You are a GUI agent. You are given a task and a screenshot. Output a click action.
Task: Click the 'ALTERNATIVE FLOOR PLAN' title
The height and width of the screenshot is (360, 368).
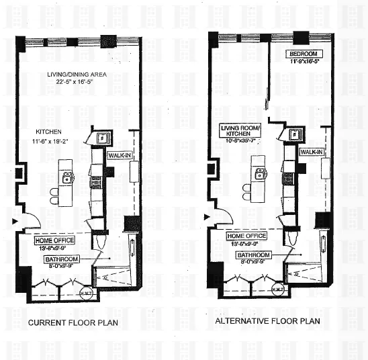pos(267,321)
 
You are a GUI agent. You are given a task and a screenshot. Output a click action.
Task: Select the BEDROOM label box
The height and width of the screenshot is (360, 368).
pos(304,54)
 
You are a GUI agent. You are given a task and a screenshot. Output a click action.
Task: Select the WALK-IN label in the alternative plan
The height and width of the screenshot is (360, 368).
pos(312,152)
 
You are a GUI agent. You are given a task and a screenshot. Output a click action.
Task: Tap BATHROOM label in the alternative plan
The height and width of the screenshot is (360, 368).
pos(252,255)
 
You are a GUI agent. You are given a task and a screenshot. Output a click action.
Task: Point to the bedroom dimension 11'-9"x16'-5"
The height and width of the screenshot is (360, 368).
pos(304,62)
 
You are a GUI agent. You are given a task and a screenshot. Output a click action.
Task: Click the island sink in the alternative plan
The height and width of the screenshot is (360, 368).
pos(260,173)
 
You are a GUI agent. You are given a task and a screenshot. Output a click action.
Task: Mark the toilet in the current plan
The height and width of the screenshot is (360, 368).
pos(101,240)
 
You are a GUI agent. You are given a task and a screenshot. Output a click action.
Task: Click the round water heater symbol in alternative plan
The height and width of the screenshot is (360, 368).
pos(277,289)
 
